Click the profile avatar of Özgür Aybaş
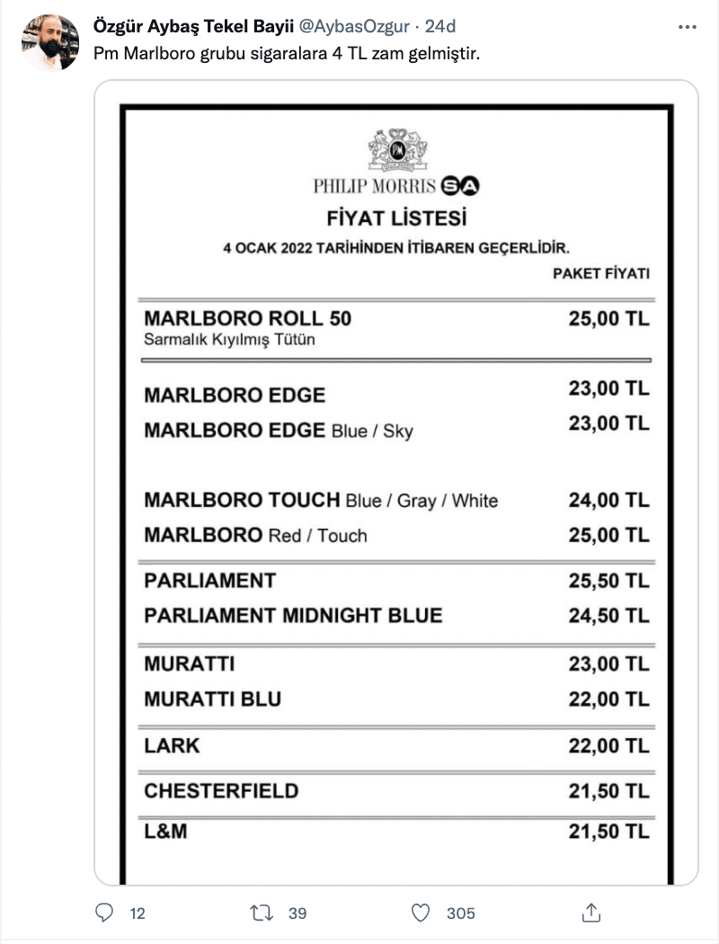[x=50, y=42]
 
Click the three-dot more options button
[x=688, y=28]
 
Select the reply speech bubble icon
[x=105, y=913]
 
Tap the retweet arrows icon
[x=262, y=913]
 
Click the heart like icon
[x=421, y=913]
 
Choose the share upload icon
[x=591, y=913]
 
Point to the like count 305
[x=460, y=913]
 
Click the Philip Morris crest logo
[x=396, y=149]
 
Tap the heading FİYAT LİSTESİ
[x=396, y=218]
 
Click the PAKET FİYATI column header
[x=600, y=273]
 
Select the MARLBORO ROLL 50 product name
[x=248, y=318]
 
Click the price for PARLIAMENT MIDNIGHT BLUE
[x=608, y=616]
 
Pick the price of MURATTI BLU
[x=608, y=699]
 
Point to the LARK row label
[x=172, y=745]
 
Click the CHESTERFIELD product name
[x=221, y=791]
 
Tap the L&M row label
[x=165, y=832]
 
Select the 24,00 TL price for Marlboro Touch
[x=608, y=500]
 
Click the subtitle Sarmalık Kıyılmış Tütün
[x=229, y=340]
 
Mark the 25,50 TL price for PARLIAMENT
[x=608, y=581]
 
